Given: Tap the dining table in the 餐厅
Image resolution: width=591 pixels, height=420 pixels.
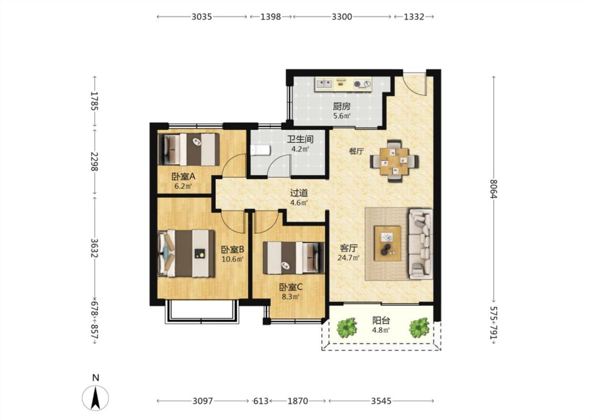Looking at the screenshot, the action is tap(394, 161).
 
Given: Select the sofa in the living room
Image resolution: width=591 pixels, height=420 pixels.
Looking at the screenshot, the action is tap(421, 244).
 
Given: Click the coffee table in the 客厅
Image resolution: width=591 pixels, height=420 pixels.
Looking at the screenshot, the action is tap(388, 243).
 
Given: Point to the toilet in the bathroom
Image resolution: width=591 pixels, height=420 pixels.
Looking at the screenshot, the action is tap(261, 150).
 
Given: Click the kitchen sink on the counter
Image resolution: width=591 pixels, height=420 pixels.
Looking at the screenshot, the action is tap(324, 83).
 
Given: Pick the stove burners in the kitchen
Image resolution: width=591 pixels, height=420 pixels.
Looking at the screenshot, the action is tap(362, 84).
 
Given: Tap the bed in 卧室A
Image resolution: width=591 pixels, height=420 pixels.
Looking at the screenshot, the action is tap(189, 150).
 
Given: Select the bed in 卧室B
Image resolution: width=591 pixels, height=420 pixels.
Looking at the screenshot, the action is tap(186, 254).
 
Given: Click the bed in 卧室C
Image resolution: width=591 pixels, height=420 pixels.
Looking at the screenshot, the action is tap(294, 258).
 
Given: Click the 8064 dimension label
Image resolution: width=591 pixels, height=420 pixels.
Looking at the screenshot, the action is tap(494, 189).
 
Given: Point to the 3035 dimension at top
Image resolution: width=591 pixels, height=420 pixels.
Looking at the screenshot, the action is tap(202, 17).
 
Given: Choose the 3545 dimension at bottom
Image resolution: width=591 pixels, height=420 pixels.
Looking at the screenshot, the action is tap(381, 401).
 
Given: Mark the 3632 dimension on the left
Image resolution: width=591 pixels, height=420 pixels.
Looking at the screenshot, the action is tap(95, 248).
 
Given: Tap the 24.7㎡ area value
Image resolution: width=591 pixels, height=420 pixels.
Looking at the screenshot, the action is tap(349, 258).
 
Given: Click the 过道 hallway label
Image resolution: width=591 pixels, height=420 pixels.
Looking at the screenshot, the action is tap(299, 193).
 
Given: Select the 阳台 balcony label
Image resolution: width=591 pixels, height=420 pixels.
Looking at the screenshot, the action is tap(381, 321).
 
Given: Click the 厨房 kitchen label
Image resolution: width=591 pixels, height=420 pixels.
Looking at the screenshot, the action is tap(341, 107).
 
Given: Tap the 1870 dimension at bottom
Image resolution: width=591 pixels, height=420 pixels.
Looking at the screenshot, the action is tap(298, 401).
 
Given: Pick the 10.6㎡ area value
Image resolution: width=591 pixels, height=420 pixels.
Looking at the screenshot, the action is tap(233, 259).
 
